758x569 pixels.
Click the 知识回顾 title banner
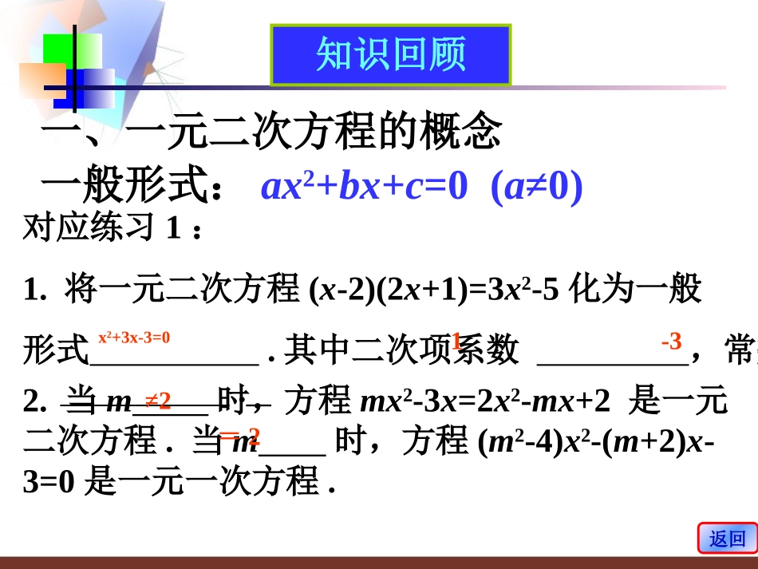pyautogui.click(x=391, y=54)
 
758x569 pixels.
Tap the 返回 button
pyautogui.click(x=727, y=539)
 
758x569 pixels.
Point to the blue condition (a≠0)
pyautogui.click(x=537, y=187)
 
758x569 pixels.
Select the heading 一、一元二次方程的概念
pyautogui.click(x=271, y=132)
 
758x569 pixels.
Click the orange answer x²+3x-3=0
pyautogui.click(x=134, y=338)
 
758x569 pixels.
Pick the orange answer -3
pyautogui.click(x=671, y=342)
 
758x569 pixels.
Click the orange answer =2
pyautogui.click(x=239, y=436)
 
